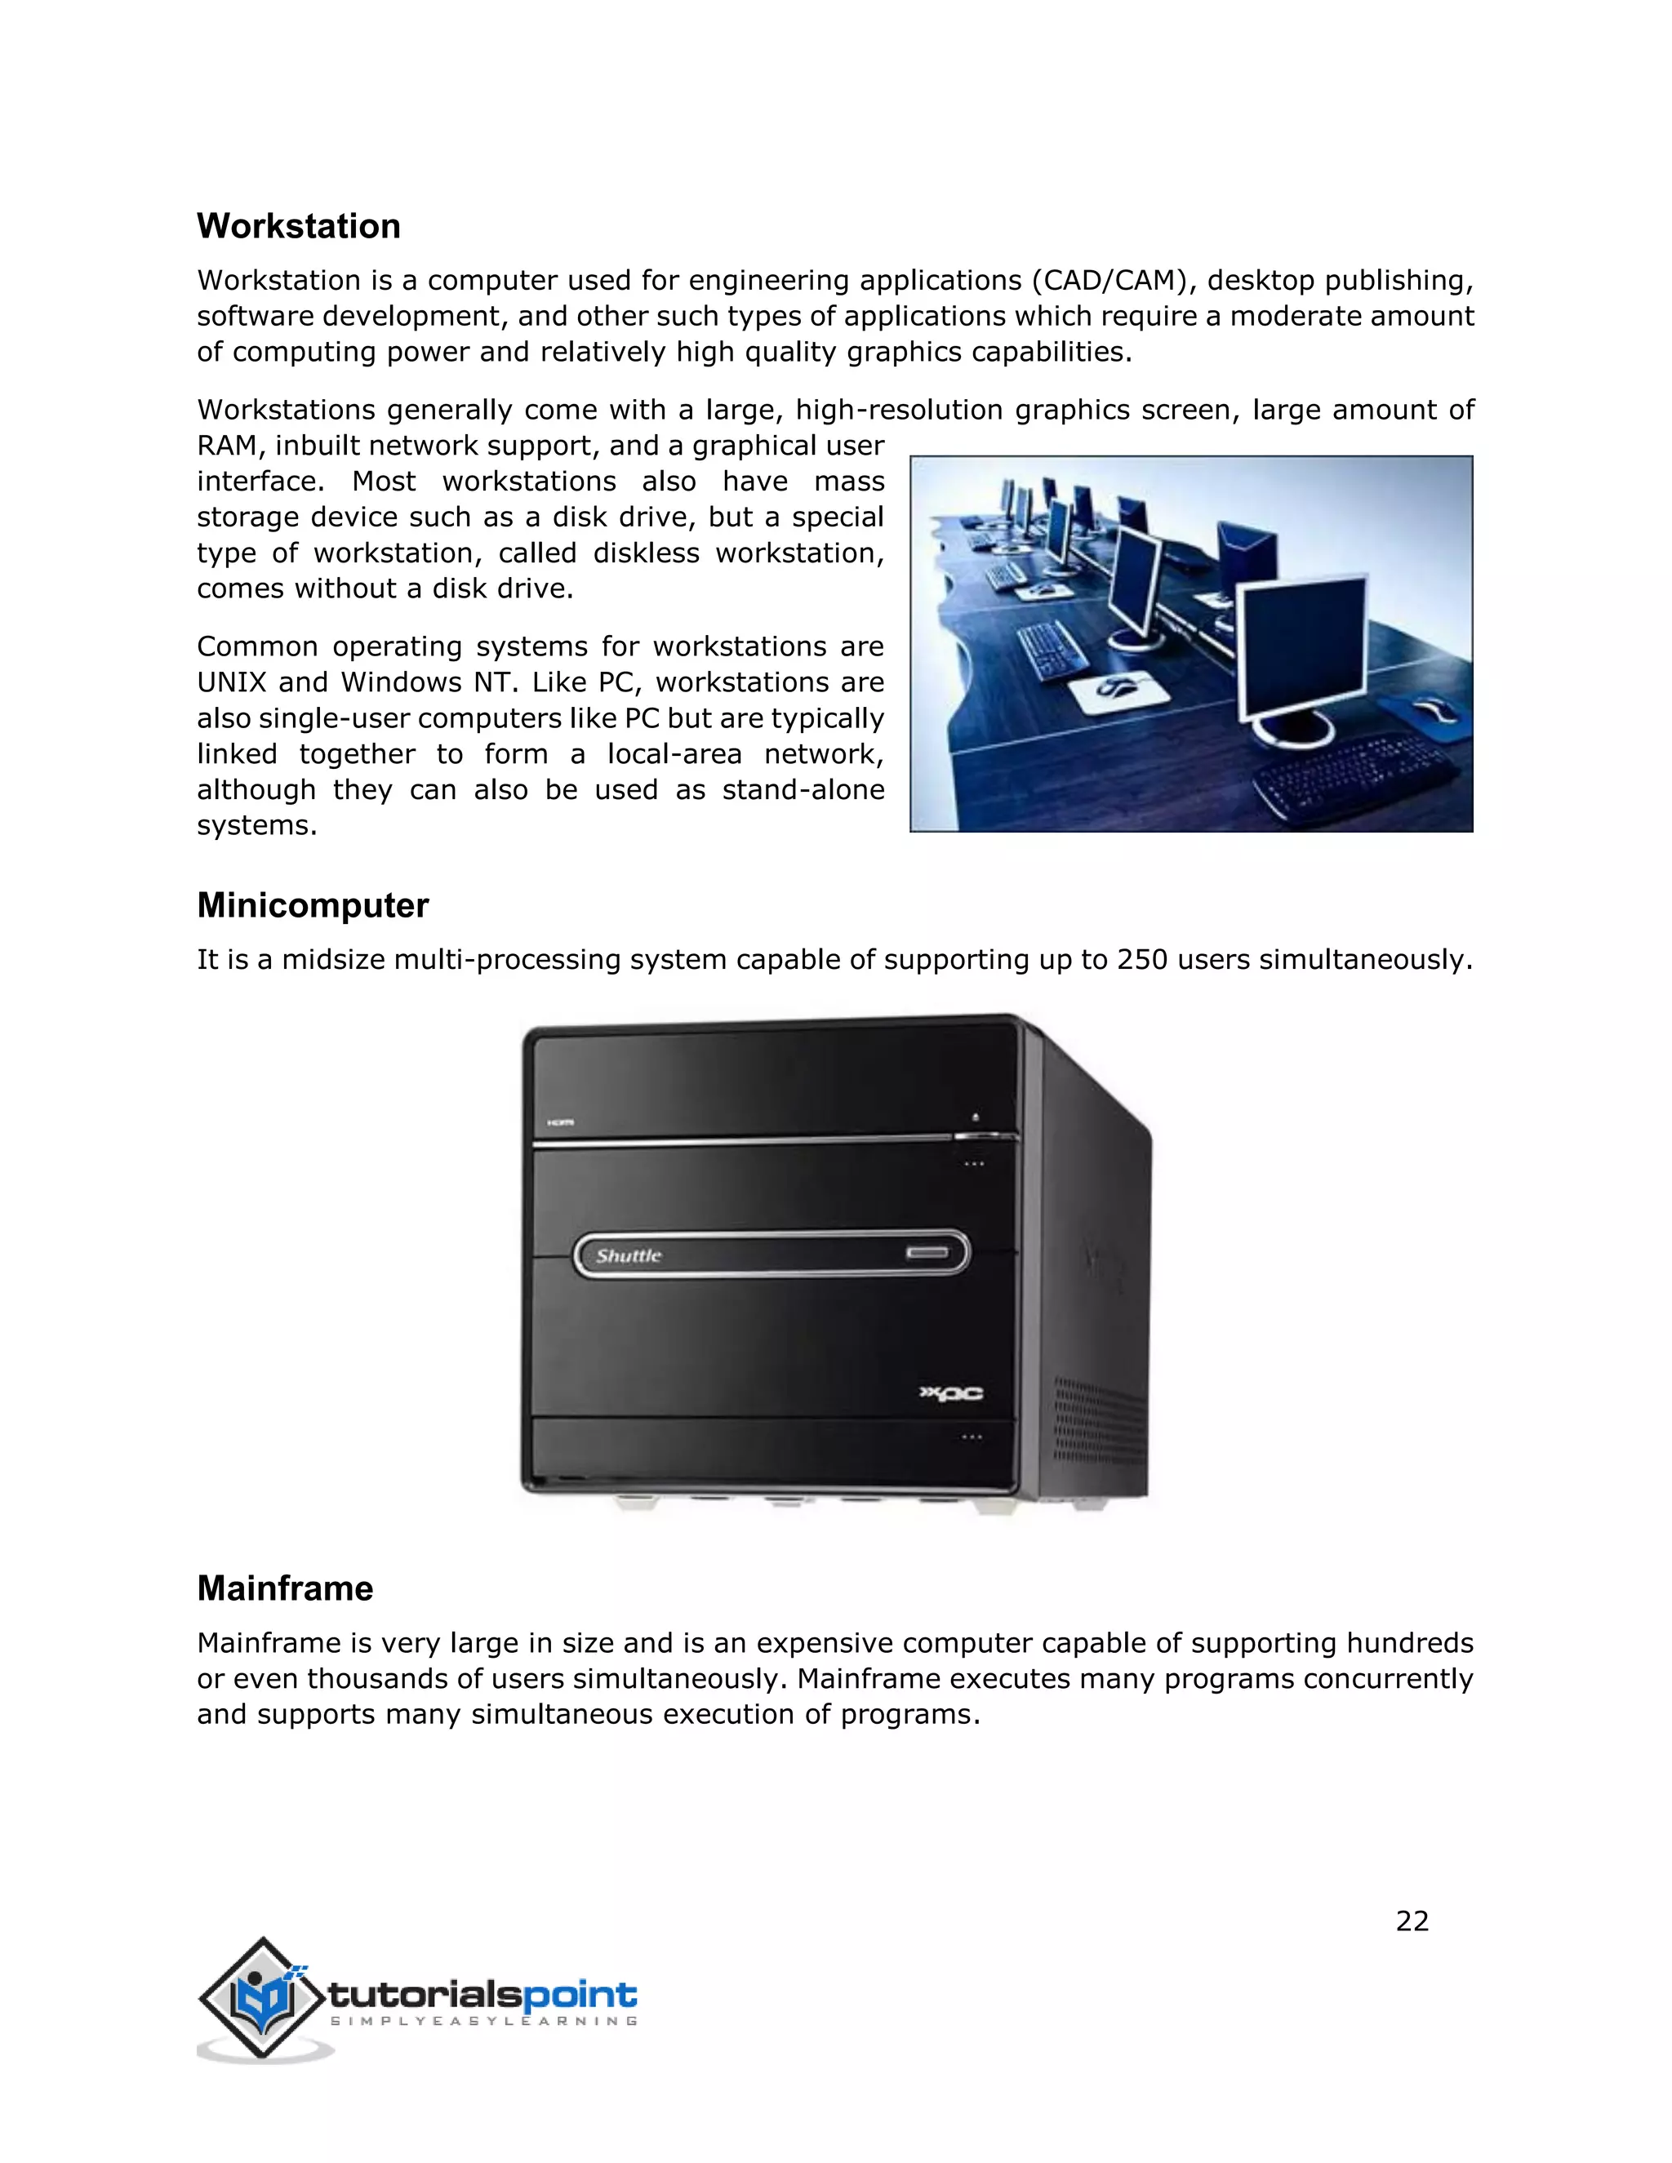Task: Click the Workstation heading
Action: click(298, 226)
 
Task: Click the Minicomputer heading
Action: click(312, 905)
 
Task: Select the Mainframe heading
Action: click(284, 1588)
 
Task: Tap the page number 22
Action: click(1412, 1921)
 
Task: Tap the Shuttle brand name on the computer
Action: click(628, 1256)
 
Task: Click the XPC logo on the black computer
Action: click(952, 1393)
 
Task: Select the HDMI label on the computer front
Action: click(561, 1122)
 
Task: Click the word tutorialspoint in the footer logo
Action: click(482, 1994)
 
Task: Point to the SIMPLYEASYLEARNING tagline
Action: click(483, 2021)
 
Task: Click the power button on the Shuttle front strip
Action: click(927, 1254)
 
